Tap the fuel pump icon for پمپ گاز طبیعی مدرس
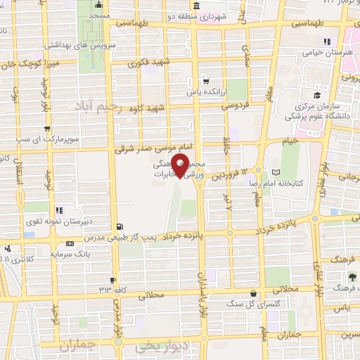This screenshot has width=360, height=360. (x=119, y=226)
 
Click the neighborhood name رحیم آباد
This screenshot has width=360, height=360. (x=96, y=105)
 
